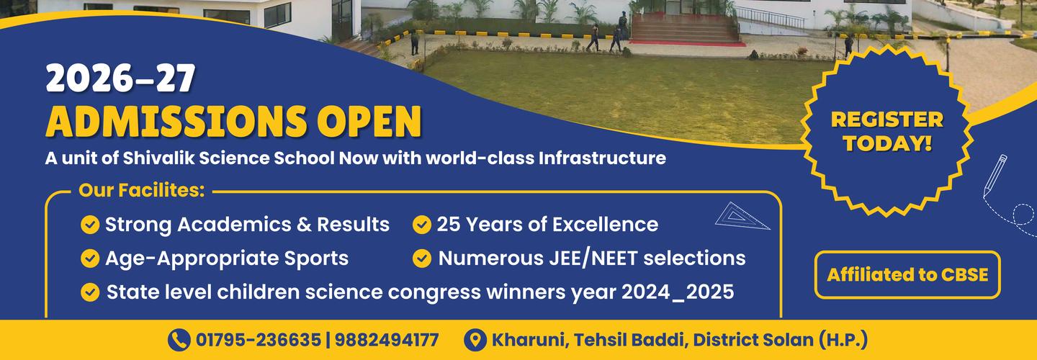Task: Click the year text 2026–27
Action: (120, 79)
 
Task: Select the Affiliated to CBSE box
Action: (907, 275)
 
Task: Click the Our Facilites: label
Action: (142, 192)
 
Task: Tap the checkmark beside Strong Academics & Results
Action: (90, 225)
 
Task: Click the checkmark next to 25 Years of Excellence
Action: (421, 225)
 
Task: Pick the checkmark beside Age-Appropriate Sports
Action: (90, 258)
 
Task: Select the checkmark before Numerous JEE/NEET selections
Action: (421, 258)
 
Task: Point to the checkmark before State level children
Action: (90, 292)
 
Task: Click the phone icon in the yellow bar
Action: (178, 340)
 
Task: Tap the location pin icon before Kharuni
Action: (475, 340)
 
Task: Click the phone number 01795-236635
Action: (258, 340)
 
